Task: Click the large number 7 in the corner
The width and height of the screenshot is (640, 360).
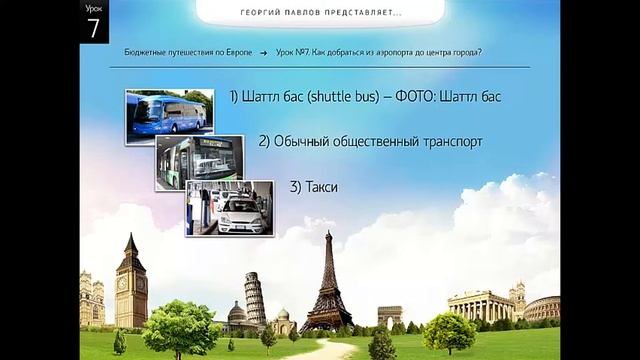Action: tap(94, 28)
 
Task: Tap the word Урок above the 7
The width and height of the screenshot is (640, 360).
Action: tap(93, 9)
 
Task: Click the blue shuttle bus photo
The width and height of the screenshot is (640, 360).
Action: tap(169, 115)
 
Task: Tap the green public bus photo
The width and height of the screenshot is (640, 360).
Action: tap(199, 161)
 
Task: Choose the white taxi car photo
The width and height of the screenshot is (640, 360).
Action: tap(229, 207)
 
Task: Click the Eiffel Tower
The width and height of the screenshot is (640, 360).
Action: tap(326, 285)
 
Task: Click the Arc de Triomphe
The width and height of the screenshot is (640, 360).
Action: tap(389, 316)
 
